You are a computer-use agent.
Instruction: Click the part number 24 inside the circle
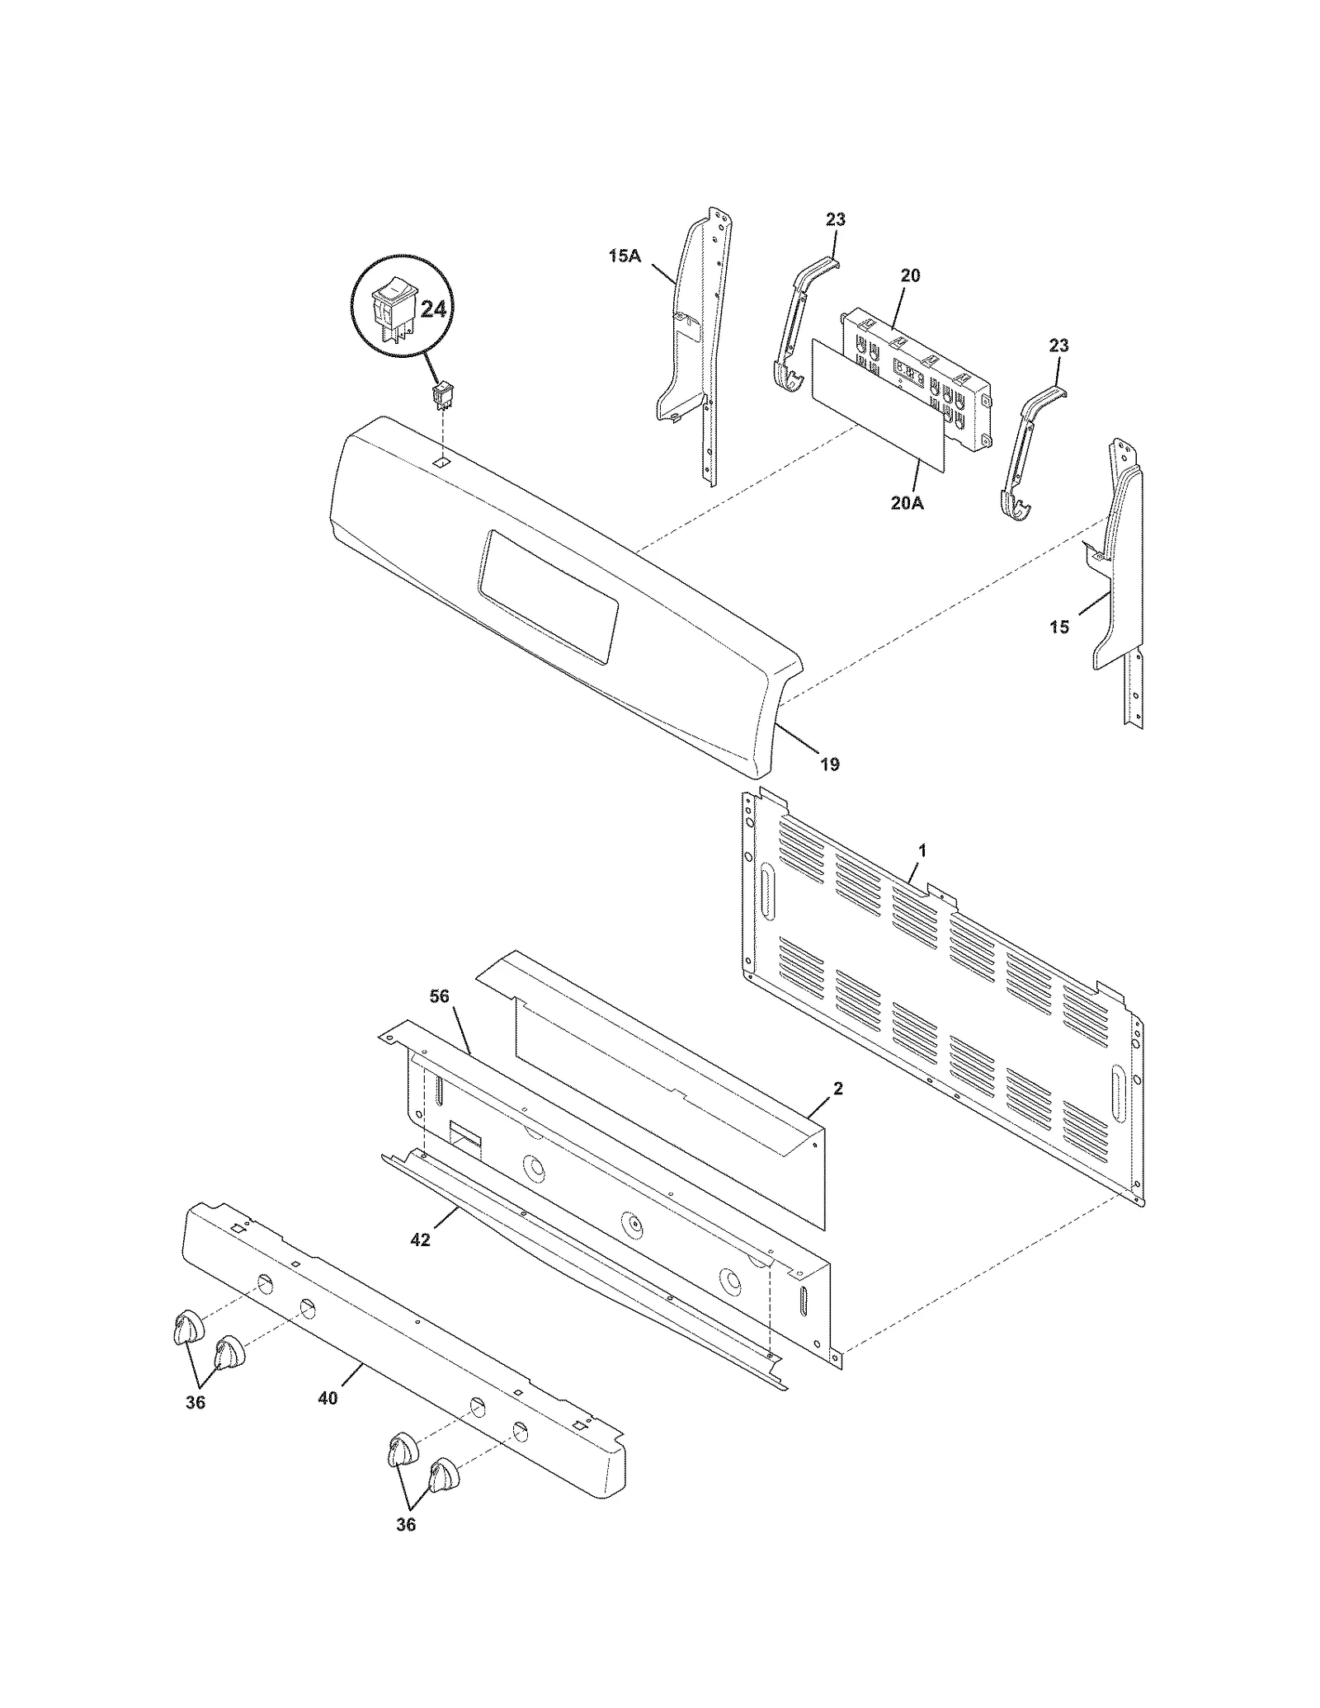pos(433,309)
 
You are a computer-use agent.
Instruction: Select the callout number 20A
pos(907,502)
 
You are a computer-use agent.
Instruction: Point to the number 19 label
pos(830,765)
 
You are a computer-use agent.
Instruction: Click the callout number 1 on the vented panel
pos(922,850)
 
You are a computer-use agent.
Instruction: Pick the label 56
pos(440,996)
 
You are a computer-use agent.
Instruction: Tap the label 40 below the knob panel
pos(328,1398)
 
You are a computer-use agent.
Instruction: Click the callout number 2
pos(838,1089)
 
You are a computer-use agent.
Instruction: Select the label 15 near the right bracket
pos(1059,628)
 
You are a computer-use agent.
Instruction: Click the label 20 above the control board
pos(910,275)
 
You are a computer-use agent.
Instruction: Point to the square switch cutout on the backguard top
pos(442,463)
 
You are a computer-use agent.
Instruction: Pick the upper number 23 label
pos(836,220)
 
